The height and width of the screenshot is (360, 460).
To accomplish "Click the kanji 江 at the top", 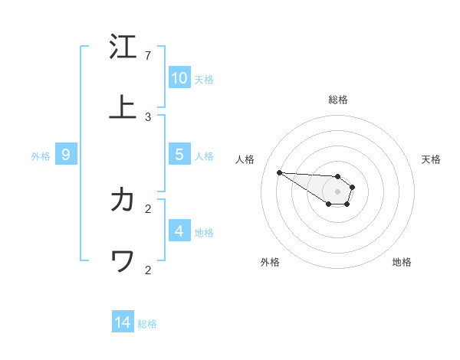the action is (x=123, y=47).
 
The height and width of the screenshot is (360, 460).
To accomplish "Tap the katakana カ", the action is (x=123, y=200).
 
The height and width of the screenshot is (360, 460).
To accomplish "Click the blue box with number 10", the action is (x=179, y=78).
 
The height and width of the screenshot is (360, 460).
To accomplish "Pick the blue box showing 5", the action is (x=179, y=155).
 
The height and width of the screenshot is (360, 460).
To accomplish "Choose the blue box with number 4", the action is (x=179, y=231).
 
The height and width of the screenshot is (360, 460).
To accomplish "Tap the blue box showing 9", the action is (x=66, y=155).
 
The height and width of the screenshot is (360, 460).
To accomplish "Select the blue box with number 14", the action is (x=123, y=323).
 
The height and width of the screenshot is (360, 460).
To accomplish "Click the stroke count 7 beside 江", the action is (x=148, y=56).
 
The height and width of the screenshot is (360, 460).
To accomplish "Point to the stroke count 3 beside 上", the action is (x=148, y=117).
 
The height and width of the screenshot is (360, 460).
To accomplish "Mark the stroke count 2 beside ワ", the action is (x=148, y=270).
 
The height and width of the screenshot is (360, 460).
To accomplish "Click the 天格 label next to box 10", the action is (x=204, y=80).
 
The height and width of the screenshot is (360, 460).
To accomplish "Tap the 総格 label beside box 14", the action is (x=147, y=325).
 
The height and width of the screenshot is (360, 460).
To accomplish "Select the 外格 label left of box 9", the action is (x=41, y=156).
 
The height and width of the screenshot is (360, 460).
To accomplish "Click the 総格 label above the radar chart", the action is (x=338, y=100).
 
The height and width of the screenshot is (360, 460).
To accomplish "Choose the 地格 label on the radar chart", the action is (x=402, y=262).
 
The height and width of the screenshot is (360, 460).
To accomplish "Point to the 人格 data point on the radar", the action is (x=279, y=172).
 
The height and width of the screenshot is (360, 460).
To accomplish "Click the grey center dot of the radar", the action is (x=337, y=191).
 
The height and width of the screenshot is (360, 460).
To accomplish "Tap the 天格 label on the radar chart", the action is (x=432, y=159).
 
